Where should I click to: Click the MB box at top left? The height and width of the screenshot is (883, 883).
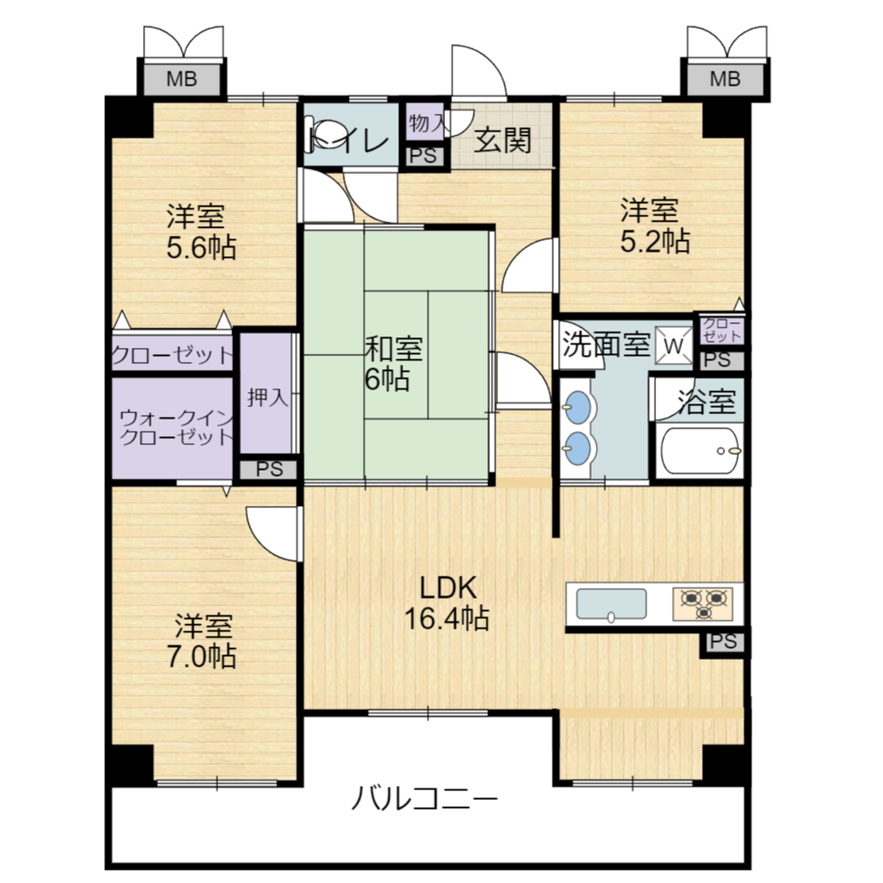pyautogui.click(x=181, y=79)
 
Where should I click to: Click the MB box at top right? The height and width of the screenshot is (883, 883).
pyautogui.click(x=724, y=79)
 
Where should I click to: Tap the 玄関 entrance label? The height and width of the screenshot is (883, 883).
pyautogui.click(x=503, y=140)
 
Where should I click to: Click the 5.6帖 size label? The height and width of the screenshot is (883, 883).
pyautogui.click(x=201, y=247)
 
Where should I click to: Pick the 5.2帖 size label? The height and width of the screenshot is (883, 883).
pyautogui.click(x=655, y=241)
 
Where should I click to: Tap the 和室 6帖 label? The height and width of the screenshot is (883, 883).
pyautogui.click(x=393, y=364)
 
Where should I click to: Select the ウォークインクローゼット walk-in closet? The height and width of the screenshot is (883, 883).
pyautogui.click(x=172, y=428)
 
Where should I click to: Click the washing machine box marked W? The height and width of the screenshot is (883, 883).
pyautogui.click(x=674, y=345)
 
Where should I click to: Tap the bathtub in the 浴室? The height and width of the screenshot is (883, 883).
pyautogui.click(x=700, y=450)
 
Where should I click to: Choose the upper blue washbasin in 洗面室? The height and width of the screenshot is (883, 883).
pyautogui.click(x=577, y=406)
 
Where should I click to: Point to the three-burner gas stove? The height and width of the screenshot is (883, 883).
pyautogui.click(x=703, y=604)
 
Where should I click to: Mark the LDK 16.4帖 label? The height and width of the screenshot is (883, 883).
pyautogui.click(x=447, y=602)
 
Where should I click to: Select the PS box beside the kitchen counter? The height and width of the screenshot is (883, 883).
pyautogui.click(x=723, y=641)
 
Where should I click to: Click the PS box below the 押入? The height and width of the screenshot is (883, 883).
pyautogui.click(x=268, y=470)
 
